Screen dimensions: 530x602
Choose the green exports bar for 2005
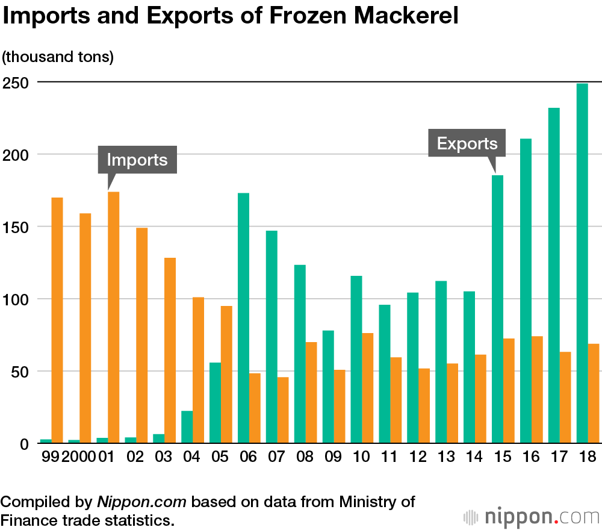(216, 403)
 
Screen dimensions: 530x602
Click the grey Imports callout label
(137, 160)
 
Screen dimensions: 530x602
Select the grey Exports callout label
(467, 144)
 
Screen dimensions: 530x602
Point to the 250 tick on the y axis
(16, 82)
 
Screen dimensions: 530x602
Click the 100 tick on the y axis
(16, 299)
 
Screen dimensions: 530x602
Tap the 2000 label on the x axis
(78, 457)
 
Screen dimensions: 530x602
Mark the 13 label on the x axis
(445, 457)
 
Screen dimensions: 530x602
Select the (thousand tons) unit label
(58, 57)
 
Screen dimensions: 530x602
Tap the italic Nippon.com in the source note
(141, 502)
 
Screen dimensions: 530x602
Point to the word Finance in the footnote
(36, 519)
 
